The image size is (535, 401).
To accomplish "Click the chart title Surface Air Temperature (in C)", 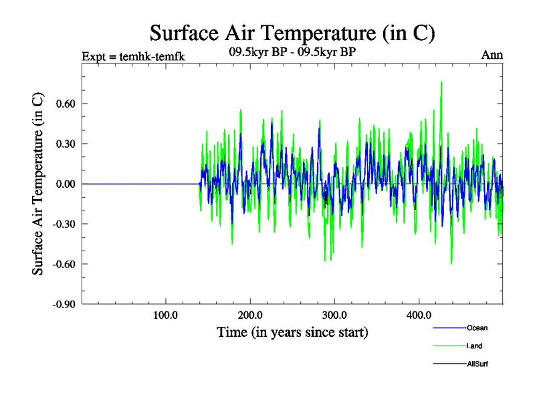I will [293, 32].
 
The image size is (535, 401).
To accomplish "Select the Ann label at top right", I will [492, 55].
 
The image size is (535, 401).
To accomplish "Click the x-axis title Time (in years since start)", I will [292, 332].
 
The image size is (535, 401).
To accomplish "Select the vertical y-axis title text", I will [39, 184].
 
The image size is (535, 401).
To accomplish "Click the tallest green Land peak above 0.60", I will [441, 83].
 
